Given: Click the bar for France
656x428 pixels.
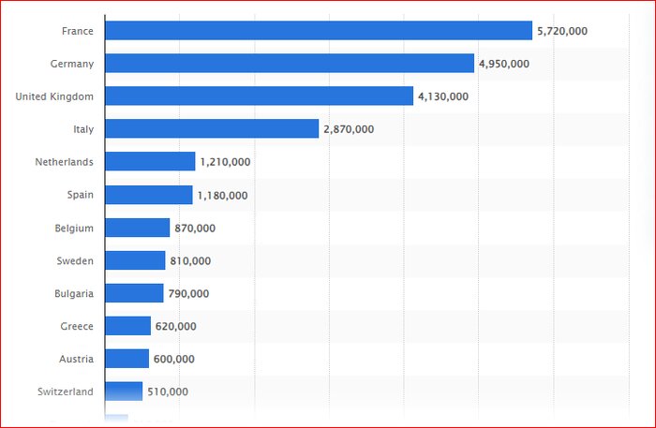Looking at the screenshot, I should pos(319,31).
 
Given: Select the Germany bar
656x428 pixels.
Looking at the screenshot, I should pos(290,64).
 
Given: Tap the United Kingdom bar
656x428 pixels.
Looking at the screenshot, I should pos(259,96).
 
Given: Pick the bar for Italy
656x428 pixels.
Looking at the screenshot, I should pos(212,129).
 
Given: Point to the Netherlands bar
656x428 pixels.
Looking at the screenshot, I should pos(150,162).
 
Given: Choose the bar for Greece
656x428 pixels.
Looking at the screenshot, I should pos(127,326).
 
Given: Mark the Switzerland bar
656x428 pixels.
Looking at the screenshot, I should pos(124,391).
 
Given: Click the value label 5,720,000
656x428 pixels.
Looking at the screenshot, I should pos(562,31).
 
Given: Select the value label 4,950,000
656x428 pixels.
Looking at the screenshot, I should pos(504,64).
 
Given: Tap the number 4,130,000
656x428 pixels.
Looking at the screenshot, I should pos(443,96).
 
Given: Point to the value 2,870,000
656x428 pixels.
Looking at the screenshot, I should pos(349,129).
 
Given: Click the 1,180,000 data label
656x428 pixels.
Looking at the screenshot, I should pos(222,195).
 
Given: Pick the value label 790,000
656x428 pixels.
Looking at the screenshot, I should pos(188,293).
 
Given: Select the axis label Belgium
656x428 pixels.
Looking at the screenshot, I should pos(74,228).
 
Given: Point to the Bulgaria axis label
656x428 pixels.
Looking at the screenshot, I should pos(74,293).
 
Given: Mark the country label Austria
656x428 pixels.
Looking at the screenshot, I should pos(76,359).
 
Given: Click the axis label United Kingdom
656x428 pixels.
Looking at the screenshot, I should pos(54,96).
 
